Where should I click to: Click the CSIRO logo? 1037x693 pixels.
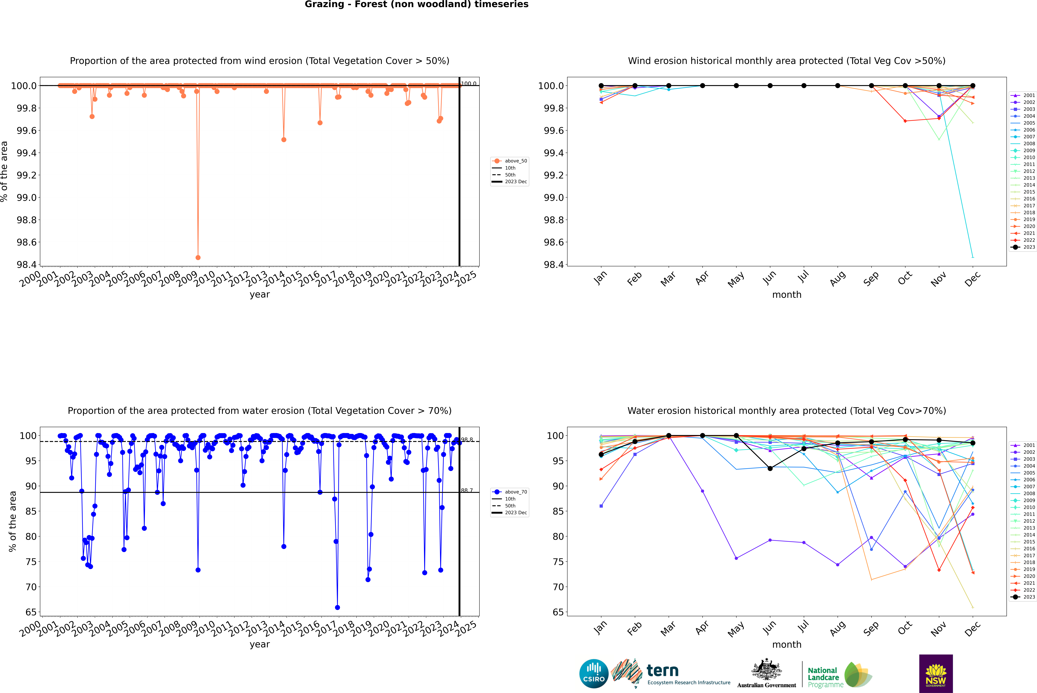(x=594, y=674)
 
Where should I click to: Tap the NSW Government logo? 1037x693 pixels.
(x=936, y=674)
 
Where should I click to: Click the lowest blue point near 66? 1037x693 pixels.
(x=337, y=607)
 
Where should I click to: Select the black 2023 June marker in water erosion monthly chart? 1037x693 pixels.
(x=770, y=468)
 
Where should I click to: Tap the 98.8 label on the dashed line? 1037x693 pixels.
(x=467, y=440)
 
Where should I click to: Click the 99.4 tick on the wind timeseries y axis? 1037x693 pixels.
(x=27, y=153)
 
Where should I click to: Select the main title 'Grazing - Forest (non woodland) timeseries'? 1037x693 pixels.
(x=416, y=4)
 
